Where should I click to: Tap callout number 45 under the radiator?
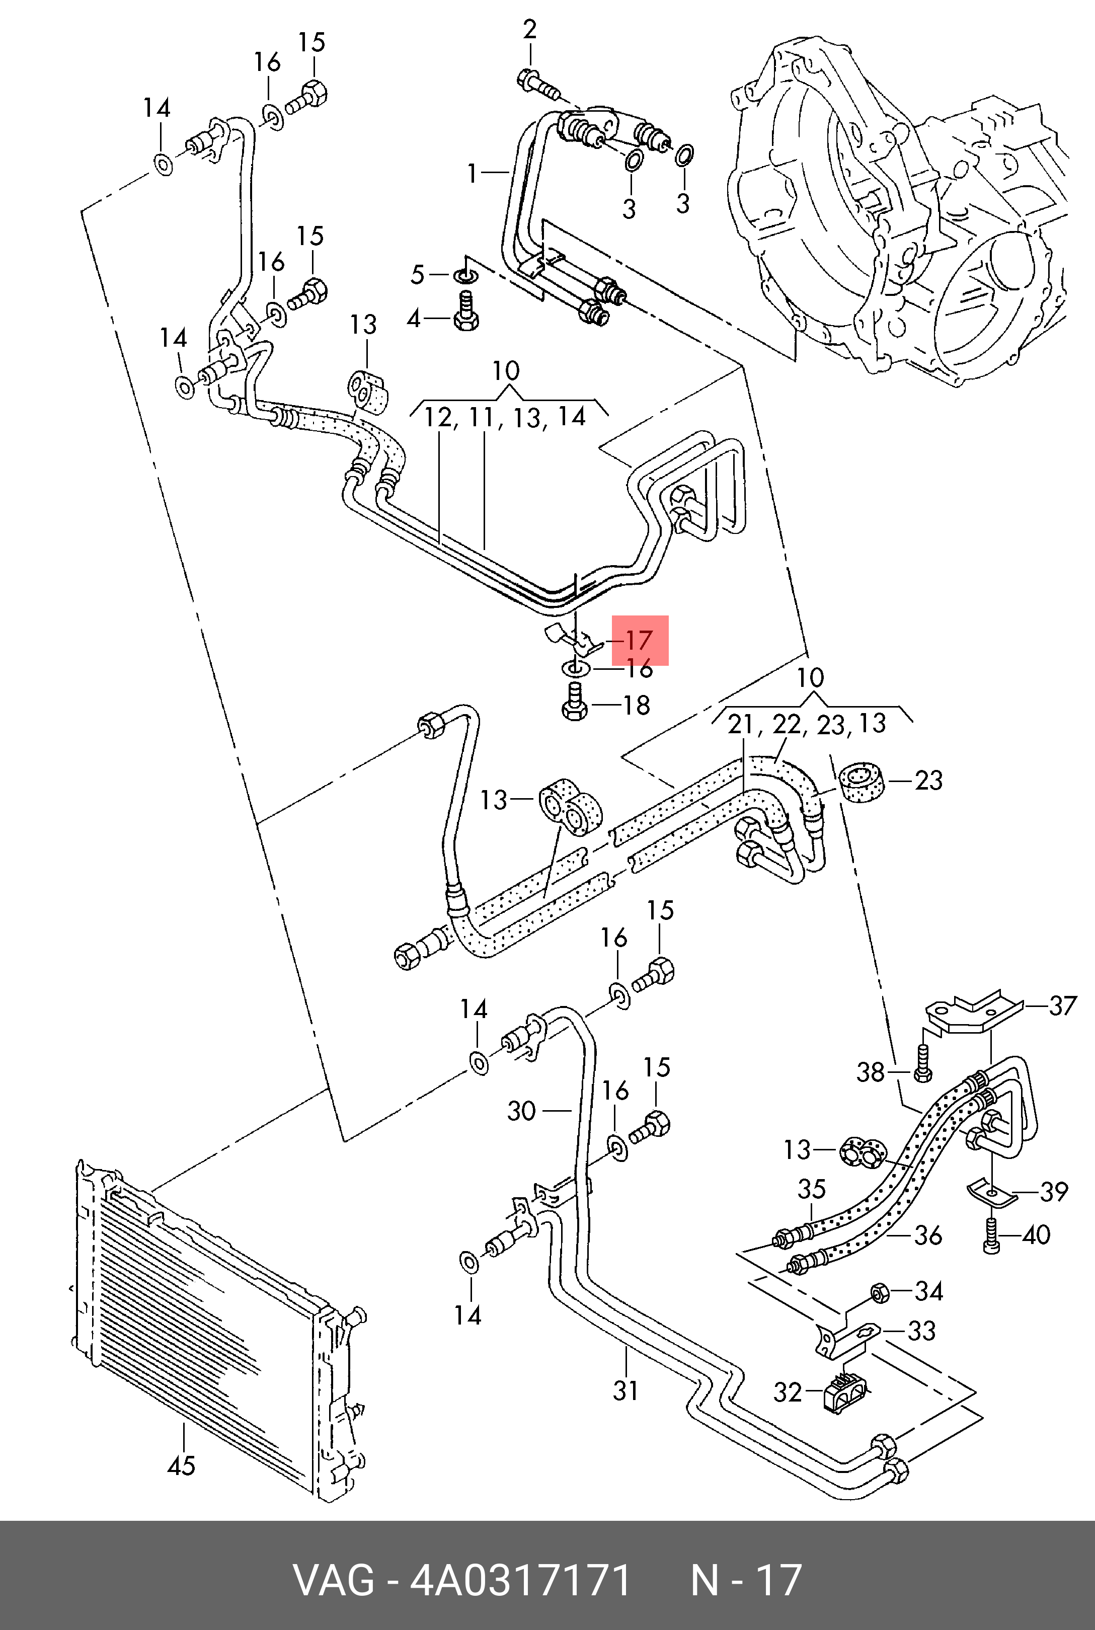182,1464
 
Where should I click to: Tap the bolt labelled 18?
574,703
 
